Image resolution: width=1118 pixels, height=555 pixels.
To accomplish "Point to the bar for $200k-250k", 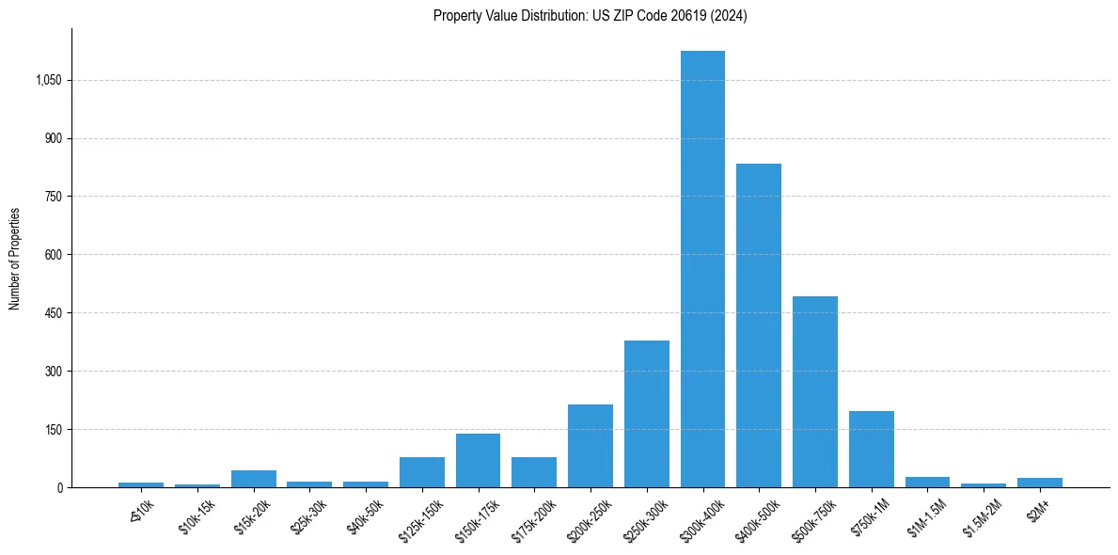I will coord(590,446).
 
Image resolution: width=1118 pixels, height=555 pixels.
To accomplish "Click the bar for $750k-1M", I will coord(872,449).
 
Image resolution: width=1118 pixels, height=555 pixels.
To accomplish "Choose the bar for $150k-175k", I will coord(478,460).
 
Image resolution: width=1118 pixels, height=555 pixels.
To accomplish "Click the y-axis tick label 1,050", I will coord(48,81).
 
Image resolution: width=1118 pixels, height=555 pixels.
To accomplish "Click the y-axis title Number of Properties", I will coord(14,258).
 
